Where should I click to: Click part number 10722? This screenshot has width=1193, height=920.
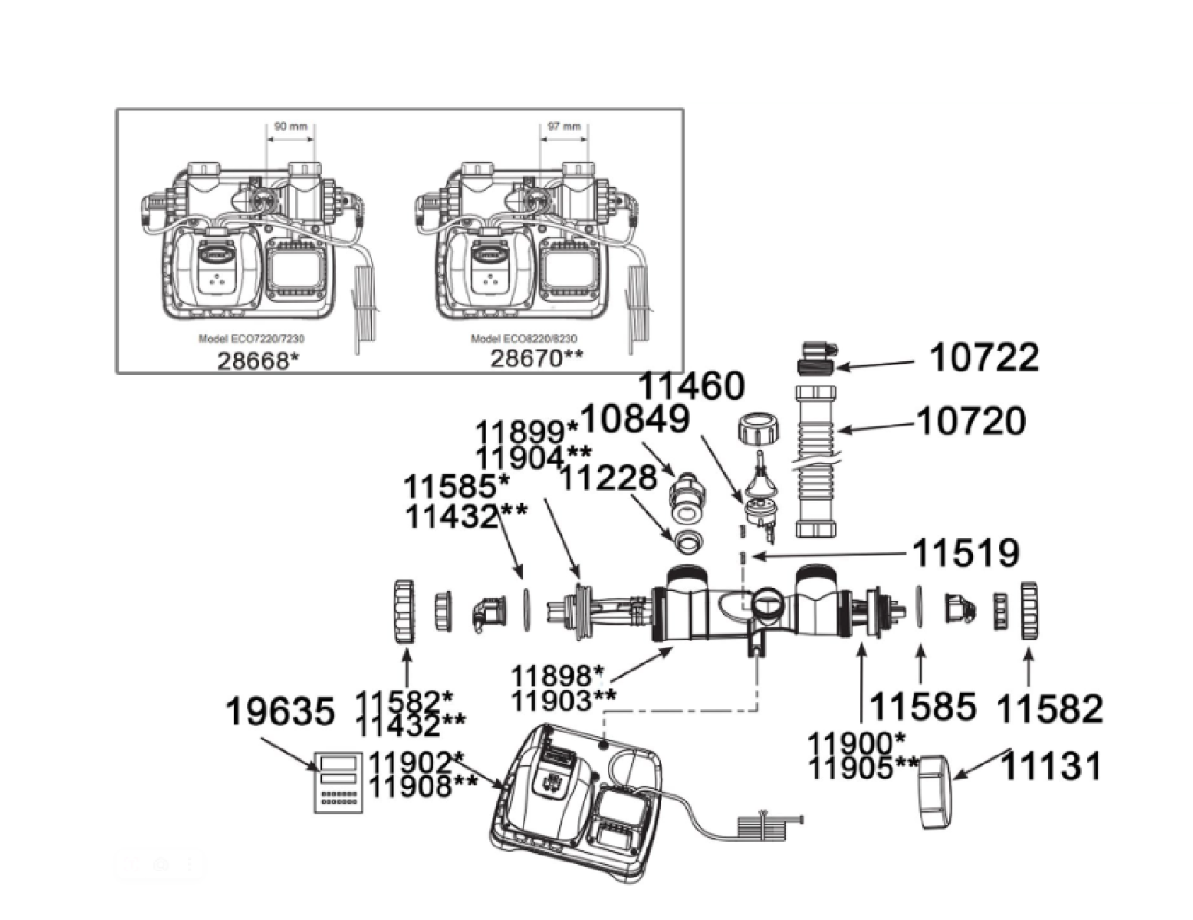point(984,358)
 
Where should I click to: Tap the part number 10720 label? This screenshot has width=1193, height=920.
point(971,421)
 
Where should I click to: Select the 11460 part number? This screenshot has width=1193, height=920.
point(692,386)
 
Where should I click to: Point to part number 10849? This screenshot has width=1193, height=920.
point(636,419)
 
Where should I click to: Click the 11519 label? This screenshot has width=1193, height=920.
point(965,552)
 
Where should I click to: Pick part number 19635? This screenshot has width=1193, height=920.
point(280,712)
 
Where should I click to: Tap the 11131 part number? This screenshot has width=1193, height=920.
point(1051,765)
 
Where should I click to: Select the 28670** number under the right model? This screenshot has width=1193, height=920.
point(537,358)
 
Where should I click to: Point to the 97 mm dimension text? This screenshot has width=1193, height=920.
point(564,127)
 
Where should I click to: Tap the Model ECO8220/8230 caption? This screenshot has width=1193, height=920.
point(524,339)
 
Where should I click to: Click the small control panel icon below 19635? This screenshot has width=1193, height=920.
point(337,782)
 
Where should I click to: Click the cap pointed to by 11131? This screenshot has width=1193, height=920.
point(935,792)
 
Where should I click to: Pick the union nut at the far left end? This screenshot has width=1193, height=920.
point(403,611)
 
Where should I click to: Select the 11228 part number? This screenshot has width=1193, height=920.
point(609,478)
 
